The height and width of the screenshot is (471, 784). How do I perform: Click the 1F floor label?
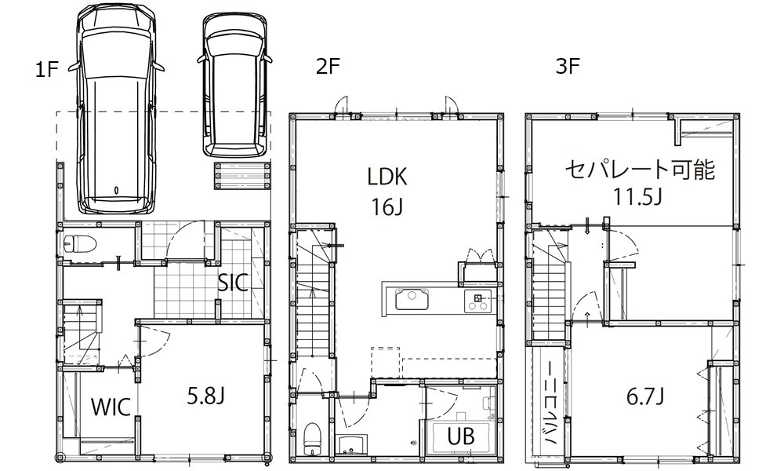48,70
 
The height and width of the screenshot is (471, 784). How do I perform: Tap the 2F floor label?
328,66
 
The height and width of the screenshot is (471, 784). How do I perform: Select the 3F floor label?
568,66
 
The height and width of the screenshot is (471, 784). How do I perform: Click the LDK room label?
387,177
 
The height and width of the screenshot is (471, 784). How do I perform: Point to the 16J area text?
387,206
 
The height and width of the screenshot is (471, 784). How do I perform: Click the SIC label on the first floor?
233,283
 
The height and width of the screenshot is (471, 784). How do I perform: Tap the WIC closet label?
111,407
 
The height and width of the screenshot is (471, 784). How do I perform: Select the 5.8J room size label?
205,396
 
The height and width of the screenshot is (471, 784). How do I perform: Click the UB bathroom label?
461,436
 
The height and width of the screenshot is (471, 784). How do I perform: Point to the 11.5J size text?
638,197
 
